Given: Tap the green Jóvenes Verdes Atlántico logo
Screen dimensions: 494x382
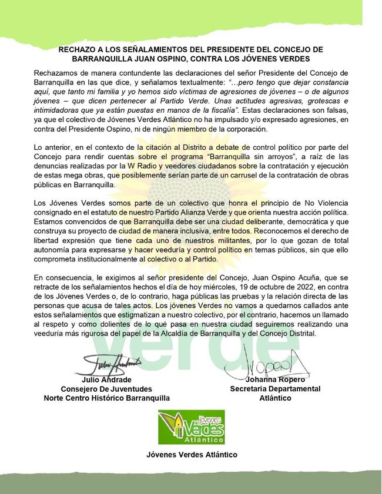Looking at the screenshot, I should coord(192,428).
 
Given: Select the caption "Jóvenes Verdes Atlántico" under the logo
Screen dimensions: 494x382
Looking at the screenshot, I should coord(192,454).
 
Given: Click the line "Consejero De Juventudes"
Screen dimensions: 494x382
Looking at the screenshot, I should coord(106,389).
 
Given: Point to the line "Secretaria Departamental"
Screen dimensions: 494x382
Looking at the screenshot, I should coord(275,389).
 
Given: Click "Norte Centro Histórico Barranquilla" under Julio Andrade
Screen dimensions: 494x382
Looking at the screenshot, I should coord(106,398).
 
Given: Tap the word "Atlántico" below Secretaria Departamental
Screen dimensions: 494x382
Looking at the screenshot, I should coord(275,398).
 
